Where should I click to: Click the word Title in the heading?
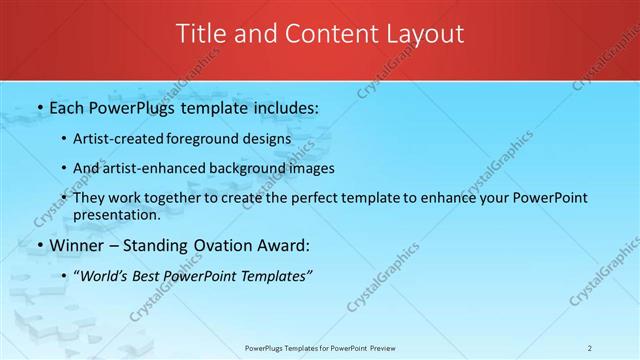(x=200, y=34)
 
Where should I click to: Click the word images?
(x=308, y=168)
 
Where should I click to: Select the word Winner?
(x=79, y=245)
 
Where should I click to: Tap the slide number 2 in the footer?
(x=589, y=348)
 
